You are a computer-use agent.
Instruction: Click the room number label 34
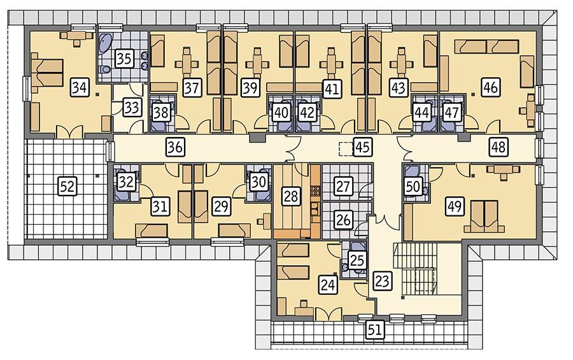click(x=80, y=86)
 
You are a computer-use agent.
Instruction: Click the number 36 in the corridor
click(x=176, y=147)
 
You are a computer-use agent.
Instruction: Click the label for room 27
click(x=344, y=187)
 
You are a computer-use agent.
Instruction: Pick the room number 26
click(x=344, y=220)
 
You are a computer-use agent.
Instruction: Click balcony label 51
click(x=373, y=329)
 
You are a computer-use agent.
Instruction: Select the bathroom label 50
click(x=414, y=186)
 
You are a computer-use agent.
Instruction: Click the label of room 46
click(x=490, y=87)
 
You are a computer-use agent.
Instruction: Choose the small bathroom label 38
click(x=160, y=112)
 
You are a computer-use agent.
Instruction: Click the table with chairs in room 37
click(x=188, y=62)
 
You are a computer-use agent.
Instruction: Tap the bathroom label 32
click(x=127, y=182)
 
